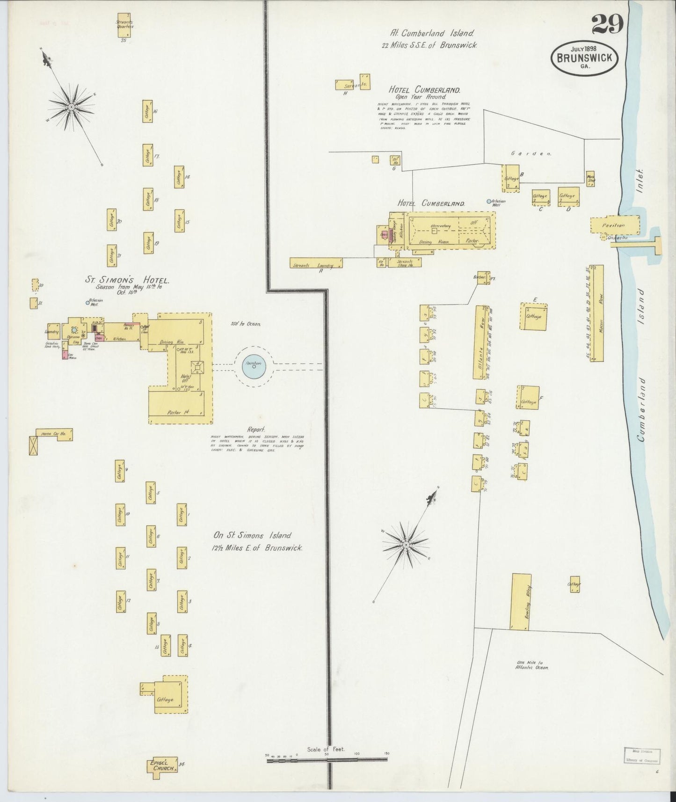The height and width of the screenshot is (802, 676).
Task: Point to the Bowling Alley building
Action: point(520,601)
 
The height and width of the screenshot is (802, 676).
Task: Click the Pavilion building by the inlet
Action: point(614,225)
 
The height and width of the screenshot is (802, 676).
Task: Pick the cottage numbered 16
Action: point(148,111)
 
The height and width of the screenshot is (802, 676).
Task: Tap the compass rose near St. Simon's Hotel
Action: point(71,107)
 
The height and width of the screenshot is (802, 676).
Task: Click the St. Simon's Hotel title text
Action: point(127,280)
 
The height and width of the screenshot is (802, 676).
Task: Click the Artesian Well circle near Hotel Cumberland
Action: point(489,202)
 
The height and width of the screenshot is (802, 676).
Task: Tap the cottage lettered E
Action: point(534,316)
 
